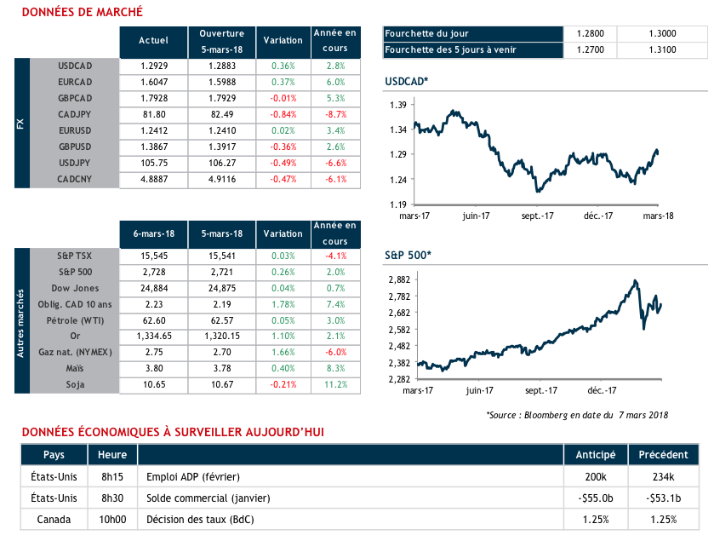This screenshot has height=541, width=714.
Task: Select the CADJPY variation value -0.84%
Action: pyautogui.click(x=283, y=114)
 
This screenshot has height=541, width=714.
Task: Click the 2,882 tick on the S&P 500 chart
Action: pyautogui.click(x=399, y=279)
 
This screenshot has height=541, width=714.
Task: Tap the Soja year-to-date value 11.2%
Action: pyautogui.click(x=335, y=384)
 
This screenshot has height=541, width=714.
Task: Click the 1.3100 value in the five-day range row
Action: pyautogui.click(x=661, y=49)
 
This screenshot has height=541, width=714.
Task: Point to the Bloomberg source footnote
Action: pyautogui.click(x=576, y=415)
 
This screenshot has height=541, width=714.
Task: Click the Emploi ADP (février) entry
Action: pyautogui.click(x=192, y=477)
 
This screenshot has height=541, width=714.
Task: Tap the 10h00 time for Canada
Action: pyautogui.click(x=112, y=519)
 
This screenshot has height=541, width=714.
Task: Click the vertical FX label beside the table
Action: pyautogui.click(x=21, y=123)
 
